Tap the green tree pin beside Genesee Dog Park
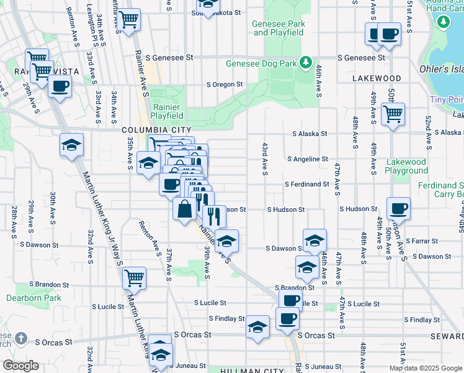[x=305, y=62]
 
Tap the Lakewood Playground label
[x=406, y=166]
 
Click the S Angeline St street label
[x=307, y=159]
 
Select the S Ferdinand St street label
[x=306, y=184]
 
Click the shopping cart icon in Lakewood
[x=393, y=114]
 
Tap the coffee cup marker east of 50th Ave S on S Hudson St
[x=398, y=208]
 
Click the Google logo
[x=20, y=366]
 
